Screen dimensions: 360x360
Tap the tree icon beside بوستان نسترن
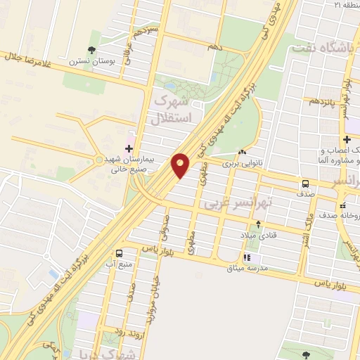pyautogui.click(x=91, y=49)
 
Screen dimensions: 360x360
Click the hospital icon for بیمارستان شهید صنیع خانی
pyautogui.click(x=129, y=148)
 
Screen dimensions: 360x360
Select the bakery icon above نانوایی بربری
pyautogui.click(x=243, y=152)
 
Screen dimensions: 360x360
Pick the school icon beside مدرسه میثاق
pyautogui.click(x=247, y=258)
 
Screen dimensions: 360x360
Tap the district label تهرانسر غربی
pyautogui.click(x=236, y=203)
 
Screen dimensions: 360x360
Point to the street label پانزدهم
pyautogui.click(x=324, y=101)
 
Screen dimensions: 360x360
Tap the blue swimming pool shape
pyautogui.click(x=53, y=274)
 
